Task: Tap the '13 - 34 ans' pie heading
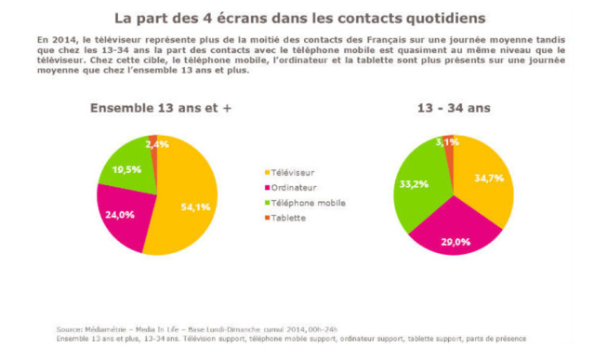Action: pos(455,108)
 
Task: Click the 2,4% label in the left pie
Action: pos(157,144)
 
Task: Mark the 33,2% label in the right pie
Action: pos(415,184)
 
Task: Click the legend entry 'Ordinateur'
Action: pos(296,187)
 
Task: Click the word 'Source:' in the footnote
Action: pos(70,329)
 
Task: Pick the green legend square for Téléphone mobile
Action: pos(268,202)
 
